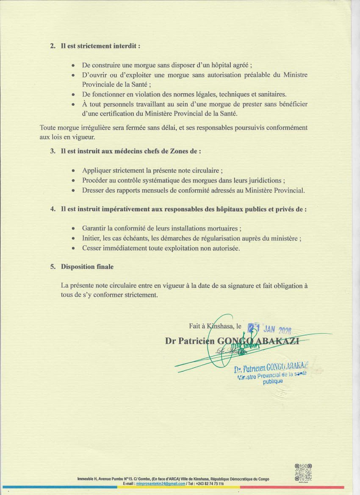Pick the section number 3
(x=53, y=151)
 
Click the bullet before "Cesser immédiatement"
(x=73, y=248)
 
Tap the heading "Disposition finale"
(x=87, y=267)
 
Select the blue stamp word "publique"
(x=273, y=381)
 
